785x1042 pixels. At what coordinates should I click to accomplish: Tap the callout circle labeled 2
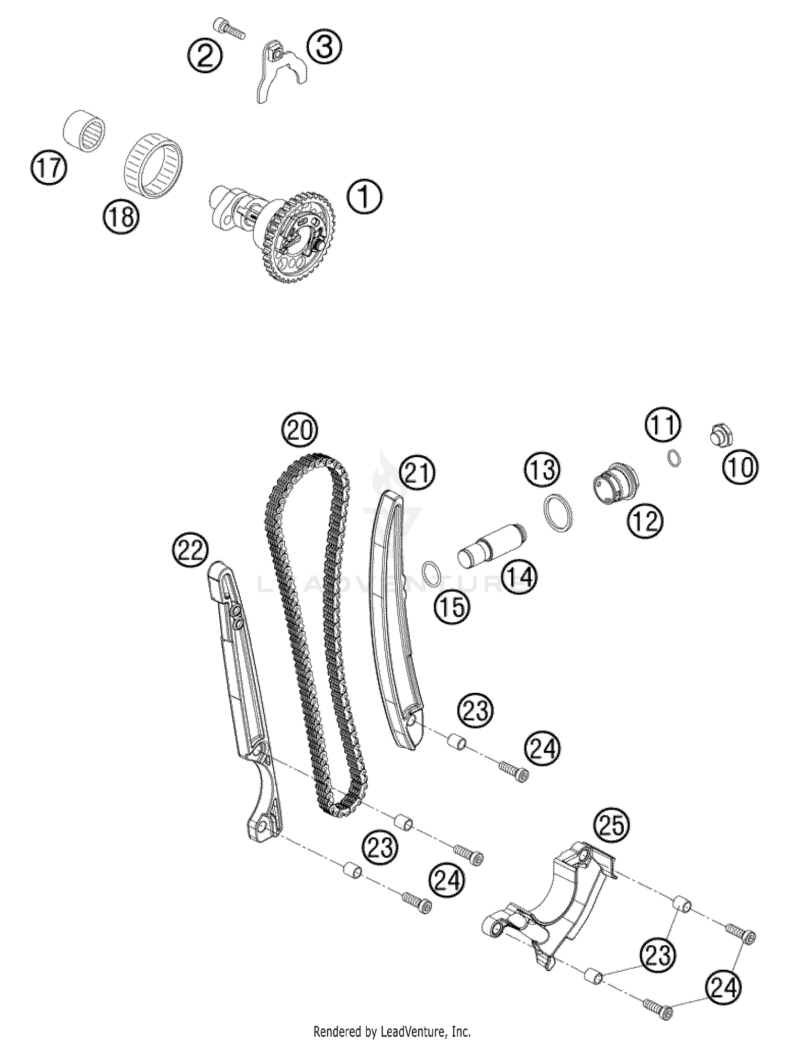[205, 55]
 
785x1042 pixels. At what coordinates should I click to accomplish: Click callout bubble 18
[121, 216]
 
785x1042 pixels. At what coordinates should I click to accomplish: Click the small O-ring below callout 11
[675, 458]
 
